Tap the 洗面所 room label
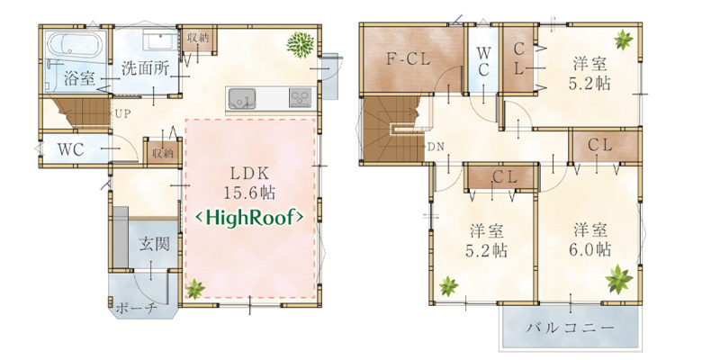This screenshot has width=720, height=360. (x=145, y=69)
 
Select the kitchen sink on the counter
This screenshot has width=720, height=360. (x=242, y=99)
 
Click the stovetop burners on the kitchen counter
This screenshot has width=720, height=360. (x=300, y=98)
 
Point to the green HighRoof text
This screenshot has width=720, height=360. (x=249, y=218)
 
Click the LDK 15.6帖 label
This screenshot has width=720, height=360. (x=249, y=183)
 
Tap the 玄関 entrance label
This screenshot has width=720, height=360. (x=154, y=244)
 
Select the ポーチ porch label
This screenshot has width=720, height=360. (x=137, y=308)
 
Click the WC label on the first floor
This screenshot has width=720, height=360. (x=71, y=149)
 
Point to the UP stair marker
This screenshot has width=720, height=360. (x=122, y=115)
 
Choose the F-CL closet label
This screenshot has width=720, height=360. (x=408, y=59)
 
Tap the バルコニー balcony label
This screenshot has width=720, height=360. (x=570, y=328)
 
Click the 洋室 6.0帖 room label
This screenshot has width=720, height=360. (x=592, y=239)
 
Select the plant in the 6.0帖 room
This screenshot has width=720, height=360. (x=619, y=279)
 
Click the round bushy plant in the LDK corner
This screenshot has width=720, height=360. (x=301, y=44)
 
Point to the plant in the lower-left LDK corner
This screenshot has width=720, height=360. (x=195, y=289)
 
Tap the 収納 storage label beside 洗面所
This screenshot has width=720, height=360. (x=197, y=39)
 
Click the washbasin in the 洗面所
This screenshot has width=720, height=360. (x=159, y=40)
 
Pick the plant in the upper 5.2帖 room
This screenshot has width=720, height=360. (x=624, y=40)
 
